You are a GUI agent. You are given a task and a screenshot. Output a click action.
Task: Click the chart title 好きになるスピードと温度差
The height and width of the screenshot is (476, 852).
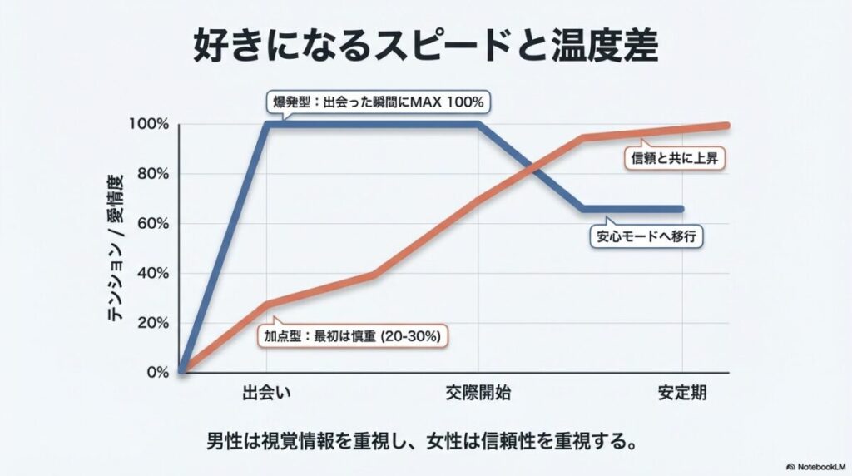point(425,47)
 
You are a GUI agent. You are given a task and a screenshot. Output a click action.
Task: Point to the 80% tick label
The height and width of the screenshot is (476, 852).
point(151,174)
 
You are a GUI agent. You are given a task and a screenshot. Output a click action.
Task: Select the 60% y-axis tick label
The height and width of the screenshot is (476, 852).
point(151,224)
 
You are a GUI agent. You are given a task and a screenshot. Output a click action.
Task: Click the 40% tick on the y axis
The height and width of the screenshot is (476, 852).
point(151,274)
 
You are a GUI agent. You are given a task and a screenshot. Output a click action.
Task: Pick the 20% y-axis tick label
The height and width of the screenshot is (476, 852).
point(151,323)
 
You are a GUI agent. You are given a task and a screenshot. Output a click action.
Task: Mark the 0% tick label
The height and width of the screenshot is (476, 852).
point(156,372)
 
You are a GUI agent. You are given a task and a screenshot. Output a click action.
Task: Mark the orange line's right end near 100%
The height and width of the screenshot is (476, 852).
point(726,126)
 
